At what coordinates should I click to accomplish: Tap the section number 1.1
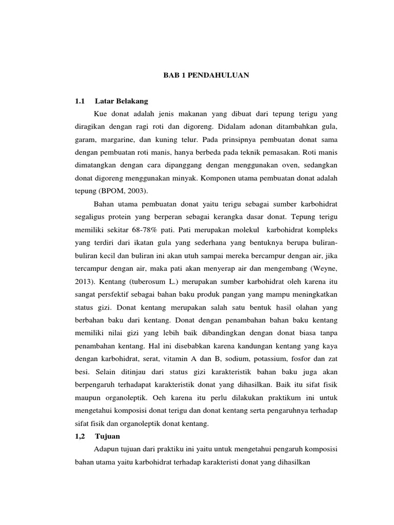pyautogui.click(x=80, y=101)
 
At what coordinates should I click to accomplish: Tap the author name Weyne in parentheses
pyautogui.click(x=325, y=269)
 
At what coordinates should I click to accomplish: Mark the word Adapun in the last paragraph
pyautogui.click(x=107, y=449)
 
